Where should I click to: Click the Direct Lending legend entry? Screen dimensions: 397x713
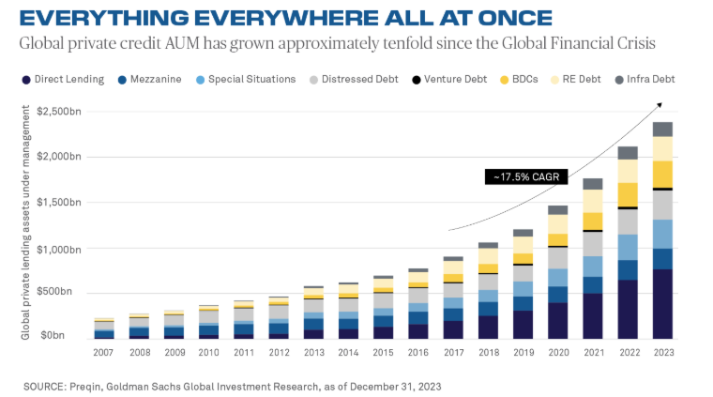[x=61, y=80]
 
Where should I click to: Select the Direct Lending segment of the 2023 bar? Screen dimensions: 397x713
[x=663, y=304]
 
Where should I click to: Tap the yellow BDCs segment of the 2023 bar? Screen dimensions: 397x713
[x=663, y=174]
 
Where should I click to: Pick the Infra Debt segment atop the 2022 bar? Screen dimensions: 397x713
[x=628, y=153]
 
